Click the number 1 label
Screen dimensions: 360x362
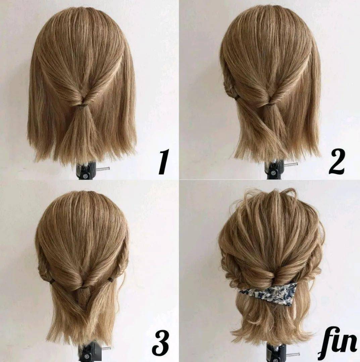(x=164, y=161)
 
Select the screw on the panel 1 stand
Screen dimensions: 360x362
(x=86, y=176)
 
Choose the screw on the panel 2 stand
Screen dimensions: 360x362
(x=274, y=173)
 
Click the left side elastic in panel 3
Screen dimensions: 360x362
(x=52, y=281)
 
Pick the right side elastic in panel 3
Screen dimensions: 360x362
(x=110, y=280)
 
